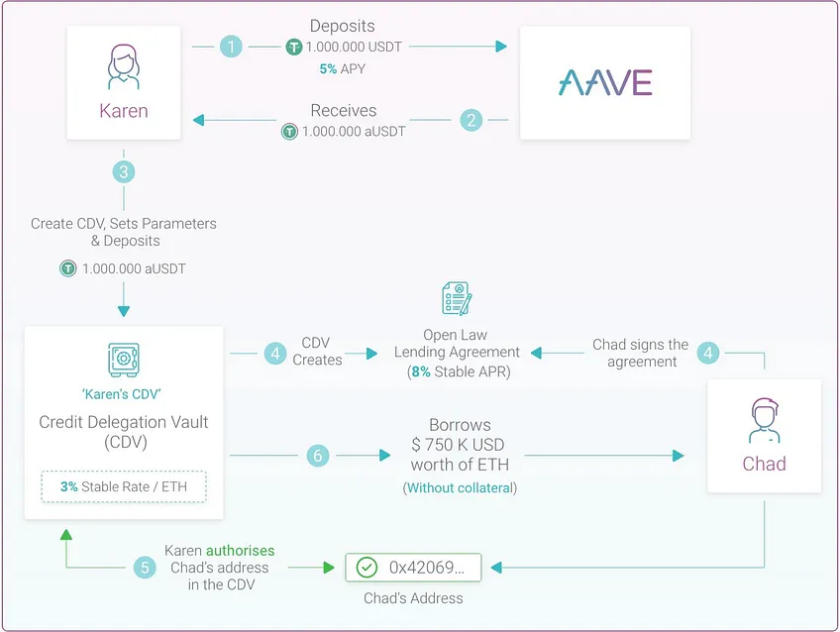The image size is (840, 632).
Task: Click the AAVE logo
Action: pos(605,82)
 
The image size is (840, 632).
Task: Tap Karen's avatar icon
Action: pos(123,66)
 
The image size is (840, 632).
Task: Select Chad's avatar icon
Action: pos(764,420)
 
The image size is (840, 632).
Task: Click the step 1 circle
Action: pos(231,47)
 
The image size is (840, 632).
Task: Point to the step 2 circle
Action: pos(472,120)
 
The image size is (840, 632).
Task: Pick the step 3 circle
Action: pos(124,172)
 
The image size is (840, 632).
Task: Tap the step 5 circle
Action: pos(145,568)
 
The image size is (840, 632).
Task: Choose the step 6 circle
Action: pos(318,456)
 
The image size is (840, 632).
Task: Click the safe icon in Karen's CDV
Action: pos(123,360)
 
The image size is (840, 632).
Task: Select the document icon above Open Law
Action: pos(457,298)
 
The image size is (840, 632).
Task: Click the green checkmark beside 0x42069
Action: pos(367,568)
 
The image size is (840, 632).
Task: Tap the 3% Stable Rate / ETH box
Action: pos(124,486)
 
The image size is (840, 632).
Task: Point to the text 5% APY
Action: pos(343,69)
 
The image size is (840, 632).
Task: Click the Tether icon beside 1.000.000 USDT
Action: pos(293,48)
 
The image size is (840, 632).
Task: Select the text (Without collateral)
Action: pos(460,488)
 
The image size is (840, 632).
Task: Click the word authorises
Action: pos(240,551)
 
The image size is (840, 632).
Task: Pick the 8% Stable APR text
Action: pos(459,371)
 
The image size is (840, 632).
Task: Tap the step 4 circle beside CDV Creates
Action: pos(275,354)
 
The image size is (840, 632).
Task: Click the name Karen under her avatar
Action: pos(123,111)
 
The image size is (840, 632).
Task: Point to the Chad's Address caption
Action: pos(413,598)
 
